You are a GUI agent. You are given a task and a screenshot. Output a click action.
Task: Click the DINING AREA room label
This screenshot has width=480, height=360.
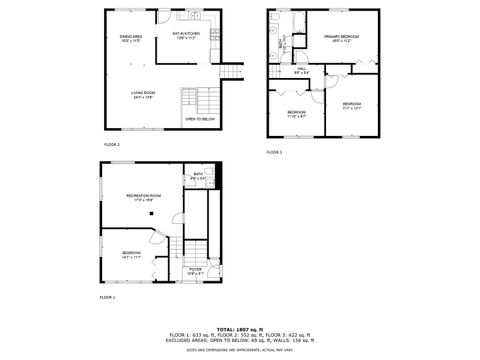click(x=131, y=39)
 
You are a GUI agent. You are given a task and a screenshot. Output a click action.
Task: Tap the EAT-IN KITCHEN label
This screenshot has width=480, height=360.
click(x=187, y=35)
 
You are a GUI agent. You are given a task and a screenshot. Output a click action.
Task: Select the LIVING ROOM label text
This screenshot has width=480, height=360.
click(x=141, y=94)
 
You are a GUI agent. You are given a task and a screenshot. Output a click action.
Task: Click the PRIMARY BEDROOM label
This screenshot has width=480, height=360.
click(x=341, y=38)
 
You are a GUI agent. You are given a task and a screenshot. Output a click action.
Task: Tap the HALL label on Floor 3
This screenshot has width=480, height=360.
click(x=301, y=70)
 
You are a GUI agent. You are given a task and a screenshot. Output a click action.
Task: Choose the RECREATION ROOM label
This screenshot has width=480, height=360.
click(x=144, y=197)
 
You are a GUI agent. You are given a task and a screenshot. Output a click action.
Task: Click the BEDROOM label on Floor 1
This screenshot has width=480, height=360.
click(x=131, y=255)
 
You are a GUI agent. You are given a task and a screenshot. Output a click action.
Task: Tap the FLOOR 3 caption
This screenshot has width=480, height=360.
click(x=274, y=152)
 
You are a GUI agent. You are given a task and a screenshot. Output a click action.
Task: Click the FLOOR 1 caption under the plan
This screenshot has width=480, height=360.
click(x=107, y=298)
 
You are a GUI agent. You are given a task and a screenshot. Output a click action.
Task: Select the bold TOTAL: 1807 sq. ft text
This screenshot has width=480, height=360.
click(x=240, y=328)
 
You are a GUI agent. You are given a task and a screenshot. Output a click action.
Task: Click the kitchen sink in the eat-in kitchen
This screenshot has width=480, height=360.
click(x=199, y=19)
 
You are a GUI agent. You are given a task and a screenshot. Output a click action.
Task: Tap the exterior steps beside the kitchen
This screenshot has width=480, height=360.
click(x=232, y=71)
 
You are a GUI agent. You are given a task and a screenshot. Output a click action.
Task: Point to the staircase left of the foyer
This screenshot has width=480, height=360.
click(x=174, y=255)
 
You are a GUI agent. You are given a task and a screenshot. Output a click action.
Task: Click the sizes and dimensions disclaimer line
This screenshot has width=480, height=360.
click(x=240, y=350)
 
